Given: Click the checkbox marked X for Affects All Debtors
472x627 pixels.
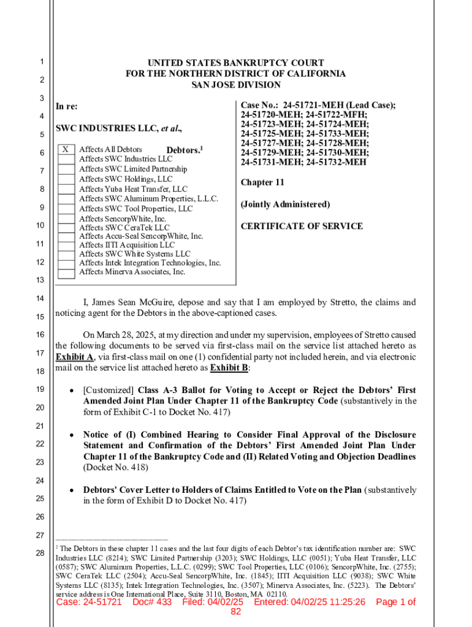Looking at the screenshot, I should click(66, 149).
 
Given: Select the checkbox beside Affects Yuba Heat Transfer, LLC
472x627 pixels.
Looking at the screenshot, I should click(66, 189).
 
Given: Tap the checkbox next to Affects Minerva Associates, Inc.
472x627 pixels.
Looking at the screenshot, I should click(66, 272).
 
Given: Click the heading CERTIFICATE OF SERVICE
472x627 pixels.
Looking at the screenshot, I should click(302, 226).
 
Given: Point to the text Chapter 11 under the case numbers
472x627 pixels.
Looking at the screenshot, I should click(262, 182).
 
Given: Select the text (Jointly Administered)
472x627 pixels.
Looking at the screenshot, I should click(285, 205).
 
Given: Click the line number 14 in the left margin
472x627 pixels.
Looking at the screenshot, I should click(40, 298).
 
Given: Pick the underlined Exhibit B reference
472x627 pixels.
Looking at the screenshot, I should click(229, 368).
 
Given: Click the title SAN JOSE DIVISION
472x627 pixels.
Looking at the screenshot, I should click(236, 85).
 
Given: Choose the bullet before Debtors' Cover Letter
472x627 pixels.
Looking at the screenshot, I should click(72, 490).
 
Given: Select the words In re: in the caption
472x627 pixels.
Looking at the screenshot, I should click(67, 107).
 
